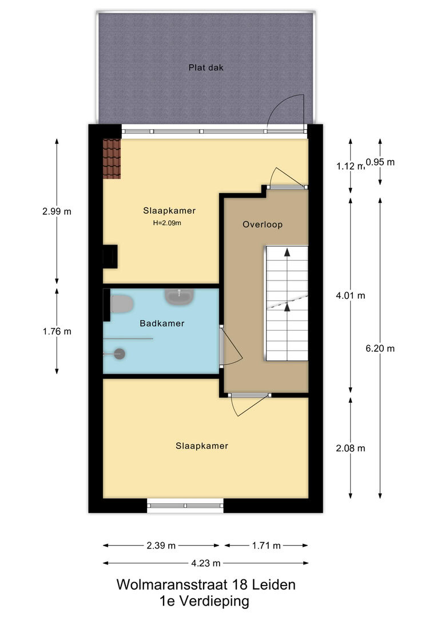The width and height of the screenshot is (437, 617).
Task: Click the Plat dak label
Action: (x=206, y=67)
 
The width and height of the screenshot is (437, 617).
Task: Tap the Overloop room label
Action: (x=263, y=225)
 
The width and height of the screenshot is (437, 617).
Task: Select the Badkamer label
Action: (x=162, y=323)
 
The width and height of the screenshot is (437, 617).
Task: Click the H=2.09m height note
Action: (x=167, y=223)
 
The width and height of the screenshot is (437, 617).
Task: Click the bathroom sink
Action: (x=179, y=297)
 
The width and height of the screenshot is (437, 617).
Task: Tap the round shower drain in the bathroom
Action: (x=120, y=354)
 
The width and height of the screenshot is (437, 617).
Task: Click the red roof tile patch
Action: (x=112, y=159)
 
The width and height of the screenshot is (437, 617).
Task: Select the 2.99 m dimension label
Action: (x=57, y=211)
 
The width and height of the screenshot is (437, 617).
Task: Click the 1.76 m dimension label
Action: (x=57, y=331)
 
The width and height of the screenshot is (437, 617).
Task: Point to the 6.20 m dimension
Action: (x=380, y=348)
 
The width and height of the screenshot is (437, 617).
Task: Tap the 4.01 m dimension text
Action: (x=350, y=295)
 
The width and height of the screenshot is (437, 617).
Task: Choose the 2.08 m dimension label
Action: (x=350, y=448)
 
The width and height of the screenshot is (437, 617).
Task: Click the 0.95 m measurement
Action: (x=380, y=162)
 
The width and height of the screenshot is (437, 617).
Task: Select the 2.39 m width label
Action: (x=161, y=546)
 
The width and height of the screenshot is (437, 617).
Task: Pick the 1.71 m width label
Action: (x=266, y=546)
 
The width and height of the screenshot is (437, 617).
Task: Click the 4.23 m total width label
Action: (x=206, y=563)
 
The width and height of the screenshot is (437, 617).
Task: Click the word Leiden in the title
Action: (x=273, y=584)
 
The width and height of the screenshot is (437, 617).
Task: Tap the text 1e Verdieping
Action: (x=204, y=601)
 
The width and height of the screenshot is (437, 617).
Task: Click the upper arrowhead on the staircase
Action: (x=287, y=253)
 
